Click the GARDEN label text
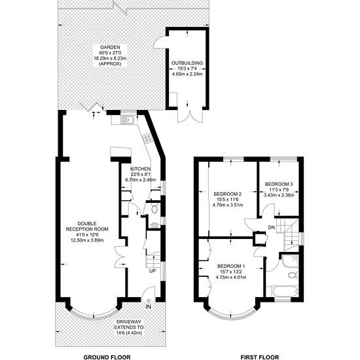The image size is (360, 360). (x=110, y=48)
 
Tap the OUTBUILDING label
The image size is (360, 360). (x=187, y=63)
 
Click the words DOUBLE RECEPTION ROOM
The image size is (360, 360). (x=87, y=226)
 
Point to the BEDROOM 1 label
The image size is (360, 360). (x=231, y=266)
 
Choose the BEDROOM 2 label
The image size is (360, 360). (x=228, y=194)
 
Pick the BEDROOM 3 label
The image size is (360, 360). (x=279, y=184)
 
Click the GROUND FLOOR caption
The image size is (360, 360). (x=107, y=357)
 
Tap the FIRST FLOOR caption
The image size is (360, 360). (x=260, y=357)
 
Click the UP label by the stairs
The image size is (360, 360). (x=153, y=271)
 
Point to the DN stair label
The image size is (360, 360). (x=272, y=227)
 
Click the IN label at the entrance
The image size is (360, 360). (x=149, y=307)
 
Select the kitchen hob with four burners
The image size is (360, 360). (x=147, y=137)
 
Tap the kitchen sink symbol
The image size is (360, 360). (x=131, y=120)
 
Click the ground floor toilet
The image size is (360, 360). (x=155, y=209)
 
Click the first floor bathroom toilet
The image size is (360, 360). (x=293, y=275)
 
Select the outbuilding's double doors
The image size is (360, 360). (x=190, y=114)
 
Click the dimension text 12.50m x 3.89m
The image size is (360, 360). (x=87, y=240)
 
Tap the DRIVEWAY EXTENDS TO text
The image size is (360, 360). (x=129, y=325)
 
